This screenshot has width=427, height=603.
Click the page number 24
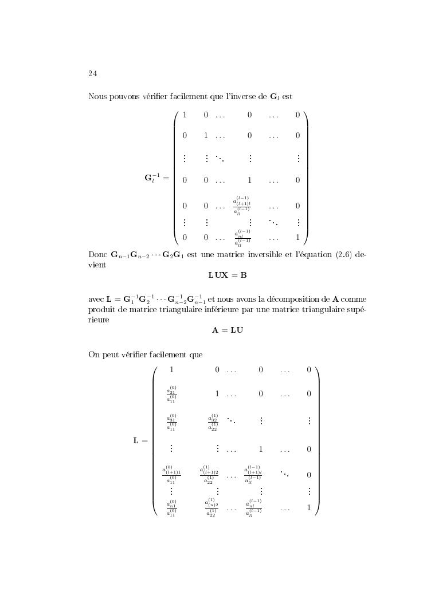point(92,73)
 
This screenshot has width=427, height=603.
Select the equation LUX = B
point(227,275)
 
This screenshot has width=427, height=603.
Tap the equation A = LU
point(227,330)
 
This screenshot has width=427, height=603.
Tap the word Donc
point(97,254)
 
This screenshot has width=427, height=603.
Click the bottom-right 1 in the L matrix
point(308,507)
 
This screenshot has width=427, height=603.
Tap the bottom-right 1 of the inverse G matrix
point(297,237)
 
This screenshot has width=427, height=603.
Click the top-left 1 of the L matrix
point(171,370)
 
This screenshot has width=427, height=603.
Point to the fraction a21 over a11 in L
point(171,395)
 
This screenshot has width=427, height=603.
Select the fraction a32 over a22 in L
point(213,422)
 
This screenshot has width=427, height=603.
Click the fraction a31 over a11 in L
point(171,422)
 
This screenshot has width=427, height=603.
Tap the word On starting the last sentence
point(94,354)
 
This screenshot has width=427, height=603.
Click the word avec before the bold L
point(96,299)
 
